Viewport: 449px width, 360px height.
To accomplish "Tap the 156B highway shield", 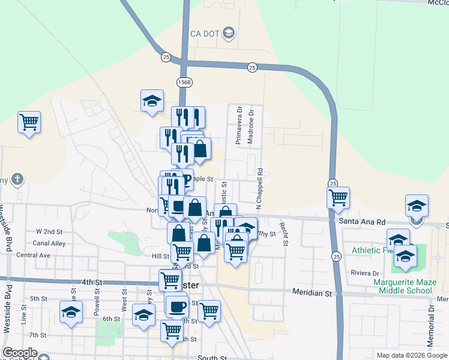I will tap(184, 81).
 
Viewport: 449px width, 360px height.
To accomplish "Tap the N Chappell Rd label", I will tap(259, 188).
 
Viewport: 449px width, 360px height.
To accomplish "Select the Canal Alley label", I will tap(50, 243).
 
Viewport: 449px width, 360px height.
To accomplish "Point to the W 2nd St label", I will tap(49, 231).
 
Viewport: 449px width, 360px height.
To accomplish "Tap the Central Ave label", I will tap(33, 255).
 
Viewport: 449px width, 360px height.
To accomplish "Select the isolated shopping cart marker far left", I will tap(29, 122).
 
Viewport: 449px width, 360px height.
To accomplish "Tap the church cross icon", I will tap(18, 179).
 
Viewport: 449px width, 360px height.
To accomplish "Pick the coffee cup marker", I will tap(176, 307).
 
